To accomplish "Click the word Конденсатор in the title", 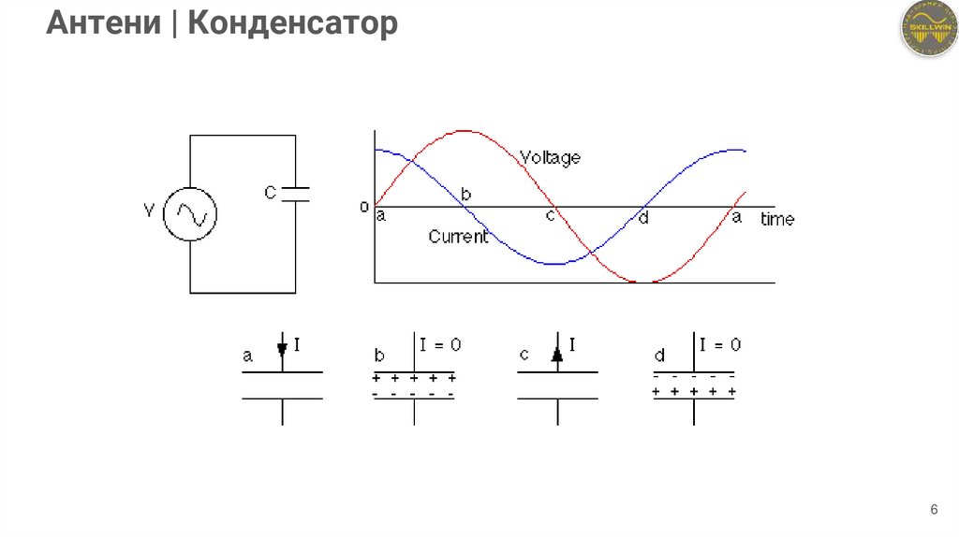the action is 292,23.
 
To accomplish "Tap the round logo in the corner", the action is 927,29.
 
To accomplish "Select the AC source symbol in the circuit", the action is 190,214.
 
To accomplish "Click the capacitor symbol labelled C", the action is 295,194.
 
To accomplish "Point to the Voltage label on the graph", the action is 550,157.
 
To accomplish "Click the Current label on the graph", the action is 458,237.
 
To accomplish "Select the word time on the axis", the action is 777,219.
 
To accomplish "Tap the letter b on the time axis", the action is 465,195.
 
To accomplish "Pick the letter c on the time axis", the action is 550,217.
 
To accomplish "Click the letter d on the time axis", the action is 642,218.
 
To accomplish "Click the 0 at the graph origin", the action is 364,207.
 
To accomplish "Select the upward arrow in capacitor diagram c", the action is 557,353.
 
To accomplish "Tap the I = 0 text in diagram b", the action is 440,344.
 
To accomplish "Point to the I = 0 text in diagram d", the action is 720,344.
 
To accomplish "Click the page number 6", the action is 933,510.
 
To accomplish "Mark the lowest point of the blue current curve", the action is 556,264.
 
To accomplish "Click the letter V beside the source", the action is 148,210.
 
